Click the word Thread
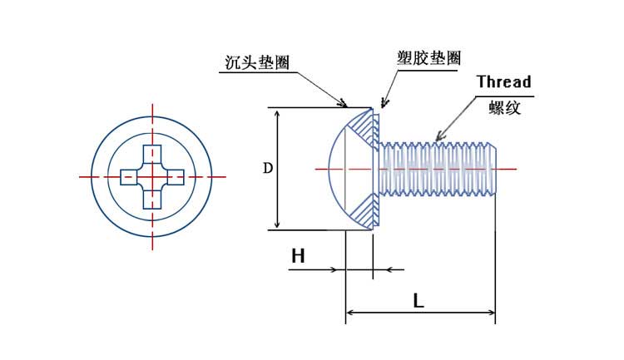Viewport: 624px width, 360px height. tap(503, 81)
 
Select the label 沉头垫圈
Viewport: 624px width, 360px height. tap(257, 62)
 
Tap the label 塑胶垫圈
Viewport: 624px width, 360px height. tap(428, 58)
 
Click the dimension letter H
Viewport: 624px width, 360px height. tap(298, 256)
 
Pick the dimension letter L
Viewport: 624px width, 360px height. tap(418, 301)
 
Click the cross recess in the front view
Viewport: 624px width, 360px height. tap(152, 176)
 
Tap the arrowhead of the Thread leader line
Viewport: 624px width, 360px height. tap(438, 136)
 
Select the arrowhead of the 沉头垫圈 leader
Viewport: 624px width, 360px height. tap(344, 105)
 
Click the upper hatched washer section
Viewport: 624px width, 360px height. tap(365, 129)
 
